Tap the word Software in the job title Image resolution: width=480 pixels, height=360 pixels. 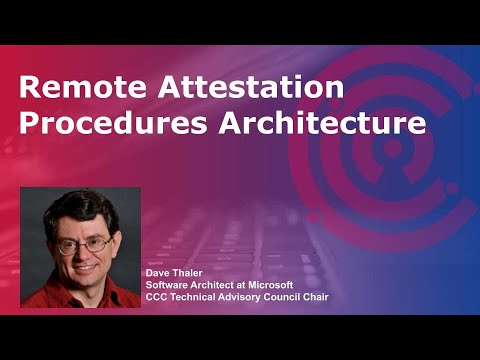coord(167,284)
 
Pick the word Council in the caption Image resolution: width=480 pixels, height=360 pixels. coord(275,296)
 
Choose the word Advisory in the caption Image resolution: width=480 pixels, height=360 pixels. coord(233,296)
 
